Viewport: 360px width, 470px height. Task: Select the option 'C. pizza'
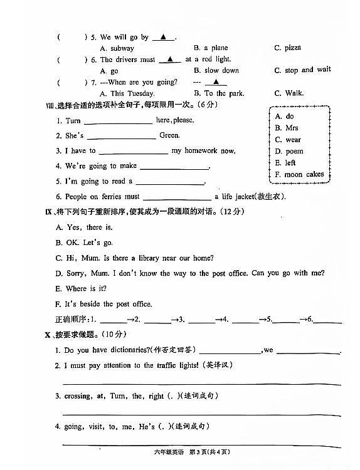pos(287,48)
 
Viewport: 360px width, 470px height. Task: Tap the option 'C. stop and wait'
pos(302,70)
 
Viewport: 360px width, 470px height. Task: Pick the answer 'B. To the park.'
pos(219,93)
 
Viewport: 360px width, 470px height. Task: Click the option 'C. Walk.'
pos(289,93)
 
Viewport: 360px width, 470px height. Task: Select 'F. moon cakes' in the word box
pos(299,174)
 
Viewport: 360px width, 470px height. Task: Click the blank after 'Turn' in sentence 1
pos(118,121)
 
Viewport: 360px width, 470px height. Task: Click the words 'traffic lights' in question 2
pos(177,365)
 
